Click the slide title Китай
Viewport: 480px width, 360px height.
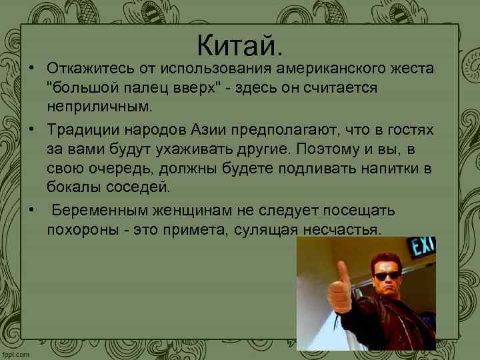click(x=240, y=46)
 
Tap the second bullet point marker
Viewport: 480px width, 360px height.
click(x=31, y=127)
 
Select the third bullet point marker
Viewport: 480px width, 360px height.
click(x=31, y=211)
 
